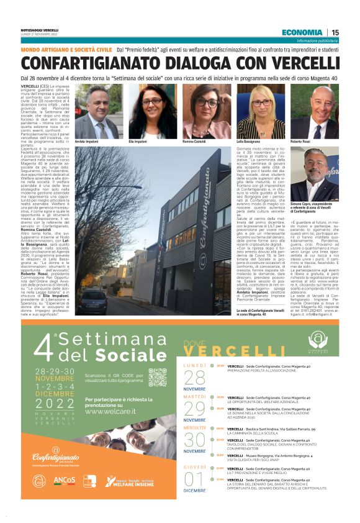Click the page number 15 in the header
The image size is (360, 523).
point(335,32)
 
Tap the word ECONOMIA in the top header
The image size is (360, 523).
point(302,32)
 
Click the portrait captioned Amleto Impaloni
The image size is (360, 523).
point(98,112)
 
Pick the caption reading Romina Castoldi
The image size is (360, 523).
point(195,142)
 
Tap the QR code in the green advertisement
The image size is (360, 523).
point(157,378)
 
